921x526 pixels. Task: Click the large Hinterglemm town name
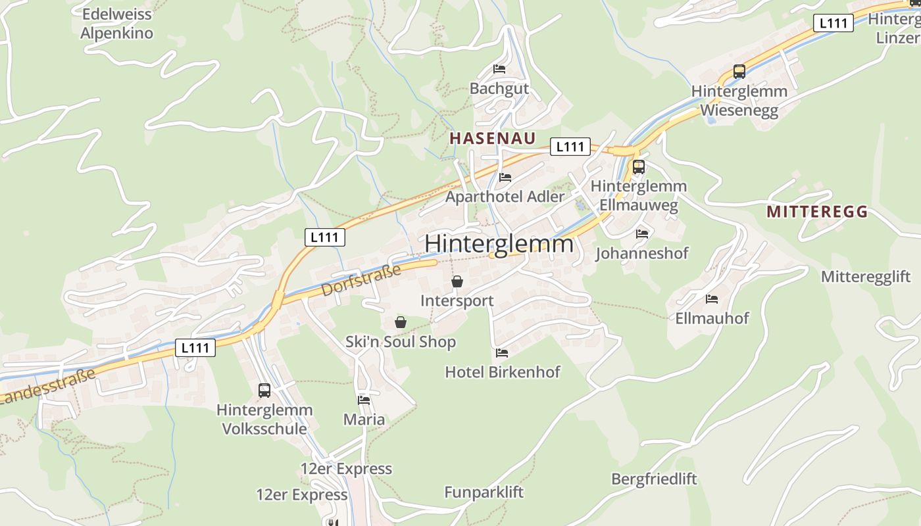click(x=499, y=244)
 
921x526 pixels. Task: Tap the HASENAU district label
click(x=492, y=139)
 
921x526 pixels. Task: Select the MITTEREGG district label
click(x=817, y=212)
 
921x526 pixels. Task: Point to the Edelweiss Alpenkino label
click(x=117, y=24)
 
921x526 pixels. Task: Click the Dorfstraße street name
click(x=361, y=280)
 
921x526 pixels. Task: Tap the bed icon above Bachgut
click(x=499, y=69)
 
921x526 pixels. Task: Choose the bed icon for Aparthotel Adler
click(x=505, y=178)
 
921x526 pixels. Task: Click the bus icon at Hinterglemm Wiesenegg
click(x=739, y=72)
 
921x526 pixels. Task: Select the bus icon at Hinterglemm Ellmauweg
click(x=639, y=167)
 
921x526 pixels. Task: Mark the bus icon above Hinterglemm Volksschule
click(x=264, y=391)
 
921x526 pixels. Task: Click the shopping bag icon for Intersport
click(x=457, y=282)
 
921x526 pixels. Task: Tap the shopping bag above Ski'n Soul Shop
click(x=400, y=322)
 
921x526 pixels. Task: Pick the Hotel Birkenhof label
click(x=503, y=372)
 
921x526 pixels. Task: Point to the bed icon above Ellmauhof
click(x=712, y=299)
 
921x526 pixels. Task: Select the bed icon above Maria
click(x=364, y=400)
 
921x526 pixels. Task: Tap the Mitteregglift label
click(x=866, y=277)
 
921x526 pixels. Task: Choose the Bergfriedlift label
click(x=654, y=479)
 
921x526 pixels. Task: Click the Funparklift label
click(x=484, y=492)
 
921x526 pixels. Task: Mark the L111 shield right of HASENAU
click(x=570, y=147)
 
